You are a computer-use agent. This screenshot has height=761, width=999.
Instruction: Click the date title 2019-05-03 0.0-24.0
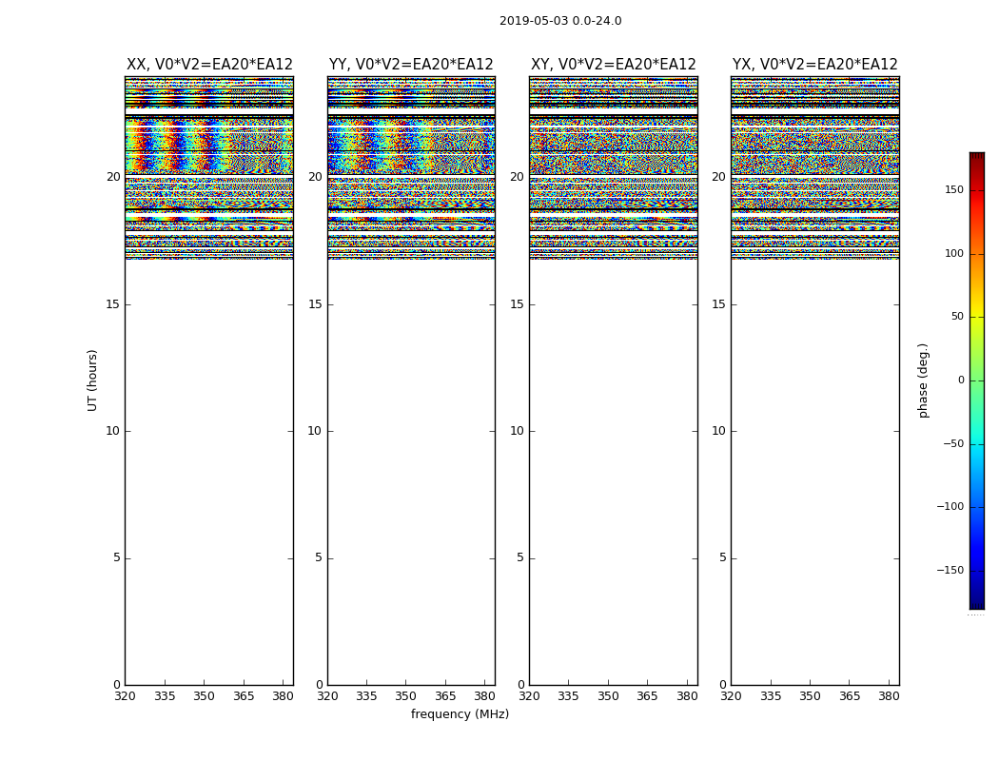pos(560,21)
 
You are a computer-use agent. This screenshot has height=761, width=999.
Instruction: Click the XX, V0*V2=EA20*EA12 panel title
pos(209,65)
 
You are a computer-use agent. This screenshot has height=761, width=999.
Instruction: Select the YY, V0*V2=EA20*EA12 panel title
pos(411,65)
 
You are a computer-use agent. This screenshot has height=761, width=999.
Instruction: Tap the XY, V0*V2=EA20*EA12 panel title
pos(614,65)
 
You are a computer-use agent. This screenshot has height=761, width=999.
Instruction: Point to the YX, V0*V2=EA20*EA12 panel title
pos(815,65)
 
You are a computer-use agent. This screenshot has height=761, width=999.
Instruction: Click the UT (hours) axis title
pos(92,380)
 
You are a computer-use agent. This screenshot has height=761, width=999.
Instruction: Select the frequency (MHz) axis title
pos(460,714)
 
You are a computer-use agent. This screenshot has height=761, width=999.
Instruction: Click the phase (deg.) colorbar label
pos(923,380)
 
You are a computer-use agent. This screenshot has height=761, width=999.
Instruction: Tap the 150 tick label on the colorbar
pos(953,190)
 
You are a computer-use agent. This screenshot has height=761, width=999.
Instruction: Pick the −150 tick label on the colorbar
pos(950,571)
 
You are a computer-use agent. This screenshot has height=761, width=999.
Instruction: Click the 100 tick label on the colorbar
pos(953,254)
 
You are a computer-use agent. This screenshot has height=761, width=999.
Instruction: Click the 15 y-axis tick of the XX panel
pos(112,304)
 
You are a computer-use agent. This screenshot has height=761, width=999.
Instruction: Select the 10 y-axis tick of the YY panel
pos(314,431)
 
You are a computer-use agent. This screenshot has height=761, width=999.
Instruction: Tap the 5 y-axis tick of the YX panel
pos(722,558)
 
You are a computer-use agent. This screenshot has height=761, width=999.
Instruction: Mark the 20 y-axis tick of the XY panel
pos(516,177)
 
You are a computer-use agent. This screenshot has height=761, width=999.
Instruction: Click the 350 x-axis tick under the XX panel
pos(204,696)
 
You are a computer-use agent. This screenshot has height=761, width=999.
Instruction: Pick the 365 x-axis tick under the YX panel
pos(849,696)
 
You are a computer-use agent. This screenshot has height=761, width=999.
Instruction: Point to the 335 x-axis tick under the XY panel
pos(568,696)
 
